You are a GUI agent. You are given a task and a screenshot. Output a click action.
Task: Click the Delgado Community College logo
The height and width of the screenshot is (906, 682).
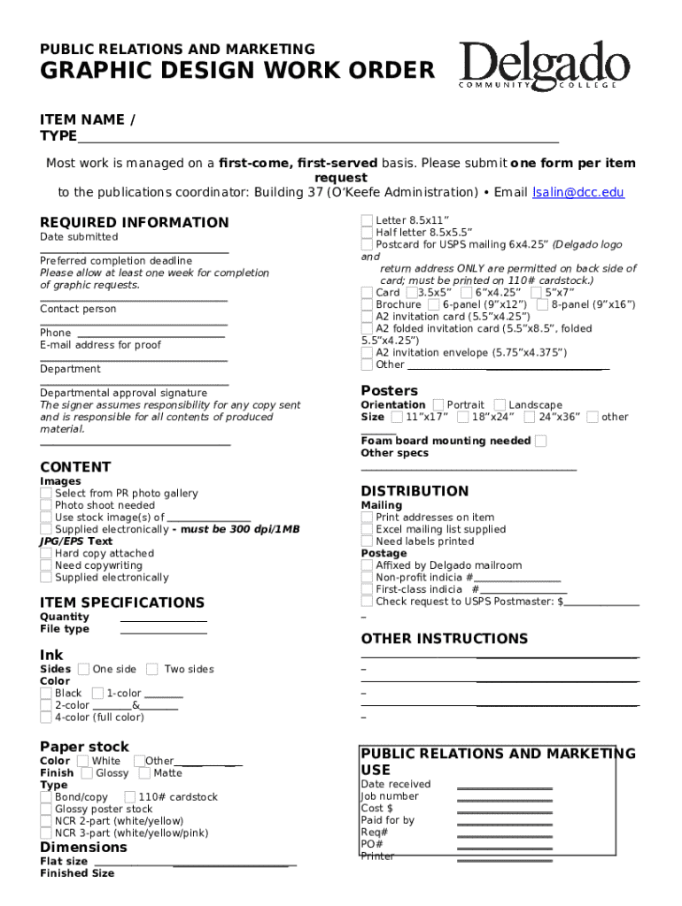(544, 66)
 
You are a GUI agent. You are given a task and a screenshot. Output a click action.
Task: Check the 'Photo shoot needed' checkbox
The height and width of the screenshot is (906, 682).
(46, 505)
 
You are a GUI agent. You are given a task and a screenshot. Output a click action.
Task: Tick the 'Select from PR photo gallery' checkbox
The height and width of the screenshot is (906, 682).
(46, 493)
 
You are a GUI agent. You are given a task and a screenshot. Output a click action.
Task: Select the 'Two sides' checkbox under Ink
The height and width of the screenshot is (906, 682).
(152, 669)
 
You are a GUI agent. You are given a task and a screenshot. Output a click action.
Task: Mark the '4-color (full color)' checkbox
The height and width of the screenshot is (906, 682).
(46, 717)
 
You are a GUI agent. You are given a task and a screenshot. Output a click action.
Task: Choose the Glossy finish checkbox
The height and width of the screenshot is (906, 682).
(87, 772)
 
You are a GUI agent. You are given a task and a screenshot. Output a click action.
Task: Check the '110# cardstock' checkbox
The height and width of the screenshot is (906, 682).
(130, 796)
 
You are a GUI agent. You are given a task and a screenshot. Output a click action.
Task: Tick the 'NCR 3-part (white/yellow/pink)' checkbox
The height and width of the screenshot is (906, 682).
(46, 833)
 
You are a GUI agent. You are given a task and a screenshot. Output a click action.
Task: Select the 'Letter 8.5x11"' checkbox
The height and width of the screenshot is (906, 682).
(367, 220)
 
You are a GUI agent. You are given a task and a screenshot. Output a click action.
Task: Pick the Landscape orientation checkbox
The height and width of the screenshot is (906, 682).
(500, 404)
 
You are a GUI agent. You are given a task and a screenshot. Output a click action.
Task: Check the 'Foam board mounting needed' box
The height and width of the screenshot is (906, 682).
(541, 441)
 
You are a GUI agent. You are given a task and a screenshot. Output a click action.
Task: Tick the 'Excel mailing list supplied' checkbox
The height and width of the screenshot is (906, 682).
(367, 529)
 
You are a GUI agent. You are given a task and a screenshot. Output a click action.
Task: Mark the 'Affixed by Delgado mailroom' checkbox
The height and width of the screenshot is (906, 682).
(367, 564)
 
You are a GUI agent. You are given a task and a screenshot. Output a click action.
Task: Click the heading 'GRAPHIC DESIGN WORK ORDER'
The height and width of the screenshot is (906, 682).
(237, 70)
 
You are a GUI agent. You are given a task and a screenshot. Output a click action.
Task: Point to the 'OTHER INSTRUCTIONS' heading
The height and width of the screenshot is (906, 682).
(444, 638)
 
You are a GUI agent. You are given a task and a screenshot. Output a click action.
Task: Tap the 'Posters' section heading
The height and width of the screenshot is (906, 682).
(389, 390)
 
